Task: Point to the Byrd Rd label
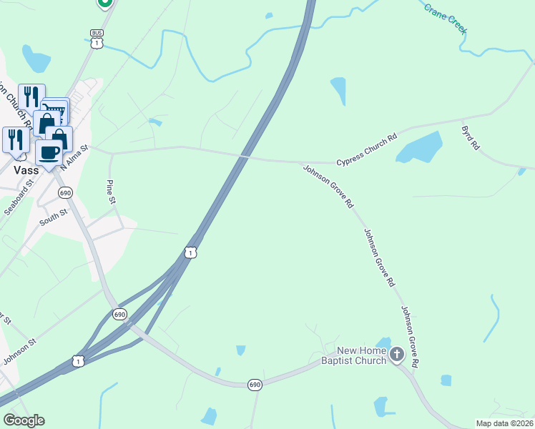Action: (471, 137)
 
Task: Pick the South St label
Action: (53, 217)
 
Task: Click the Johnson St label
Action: (19, 350)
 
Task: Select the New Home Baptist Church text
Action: (362, 355)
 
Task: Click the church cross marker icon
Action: (397, 352)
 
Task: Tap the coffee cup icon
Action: (49, 152)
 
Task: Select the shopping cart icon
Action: (56, 109)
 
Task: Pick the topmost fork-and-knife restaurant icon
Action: (31, 96)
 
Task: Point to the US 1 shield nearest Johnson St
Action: (79, 362)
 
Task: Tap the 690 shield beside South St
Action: (66, 193)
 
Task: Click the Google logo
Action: (24, 420)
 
